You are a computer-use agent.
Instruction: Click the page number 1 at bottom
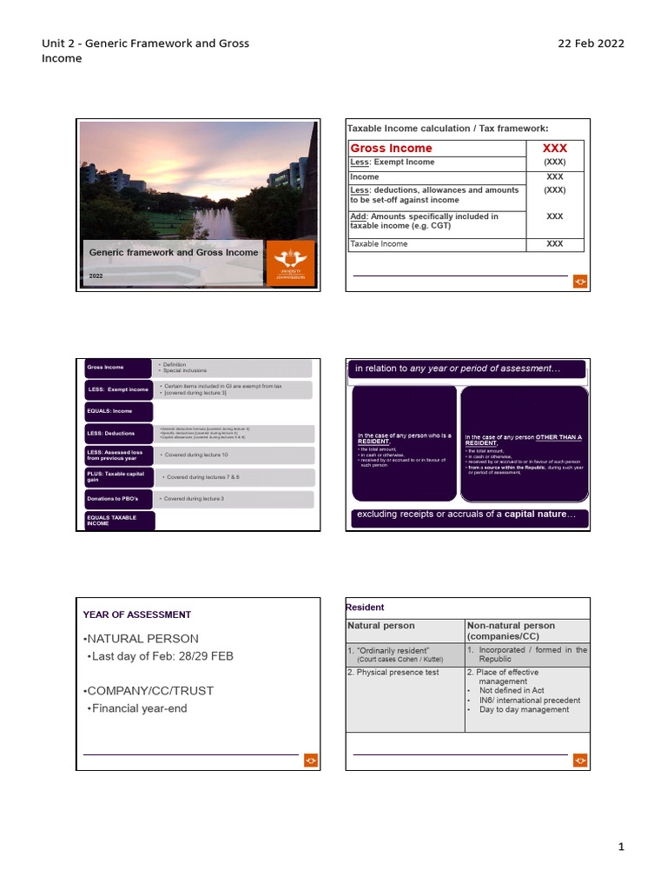click(x=621, y=847)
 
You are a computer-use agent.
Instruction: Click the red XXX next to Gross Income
click(x=554, y=149)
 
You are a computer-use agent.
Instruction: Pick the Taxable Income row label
click(x=378, y=244)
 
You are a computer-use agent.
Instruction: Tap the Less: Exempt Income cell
click(x=393, y=163)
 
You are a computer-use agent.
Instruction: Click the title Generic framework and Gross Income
click(x=174, y=252)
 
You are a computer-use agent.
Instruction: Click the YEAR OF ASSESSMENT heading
click(x=136, y=614)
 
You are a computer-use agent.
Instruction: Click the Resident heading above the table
click(x=365, y=608)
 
